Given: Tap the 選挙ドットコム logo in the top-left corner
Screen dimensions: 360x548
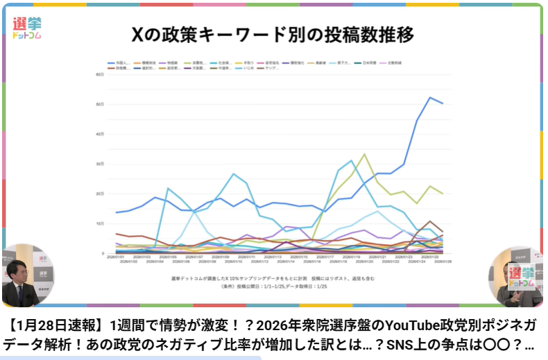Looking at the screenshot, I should click(27, 27).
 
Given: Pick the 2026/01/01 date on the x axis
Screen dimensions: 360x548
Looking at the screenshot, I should click(116, 257).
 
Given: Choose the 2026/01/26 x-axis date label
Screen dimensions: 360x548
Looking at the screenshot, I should click(442, 262).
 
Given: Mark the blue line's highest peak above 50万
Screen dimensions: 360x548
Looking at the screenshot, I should click(430, 97).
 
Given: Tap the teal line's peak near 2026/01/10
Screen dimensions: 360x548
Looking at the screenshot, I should click(234, 173).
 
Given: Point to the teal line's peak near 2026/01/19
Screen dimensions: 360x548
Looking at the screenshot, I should click(352, 161).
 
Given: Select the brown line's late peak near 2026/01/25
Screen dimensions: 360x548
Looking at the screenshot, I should click(430, 221).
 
